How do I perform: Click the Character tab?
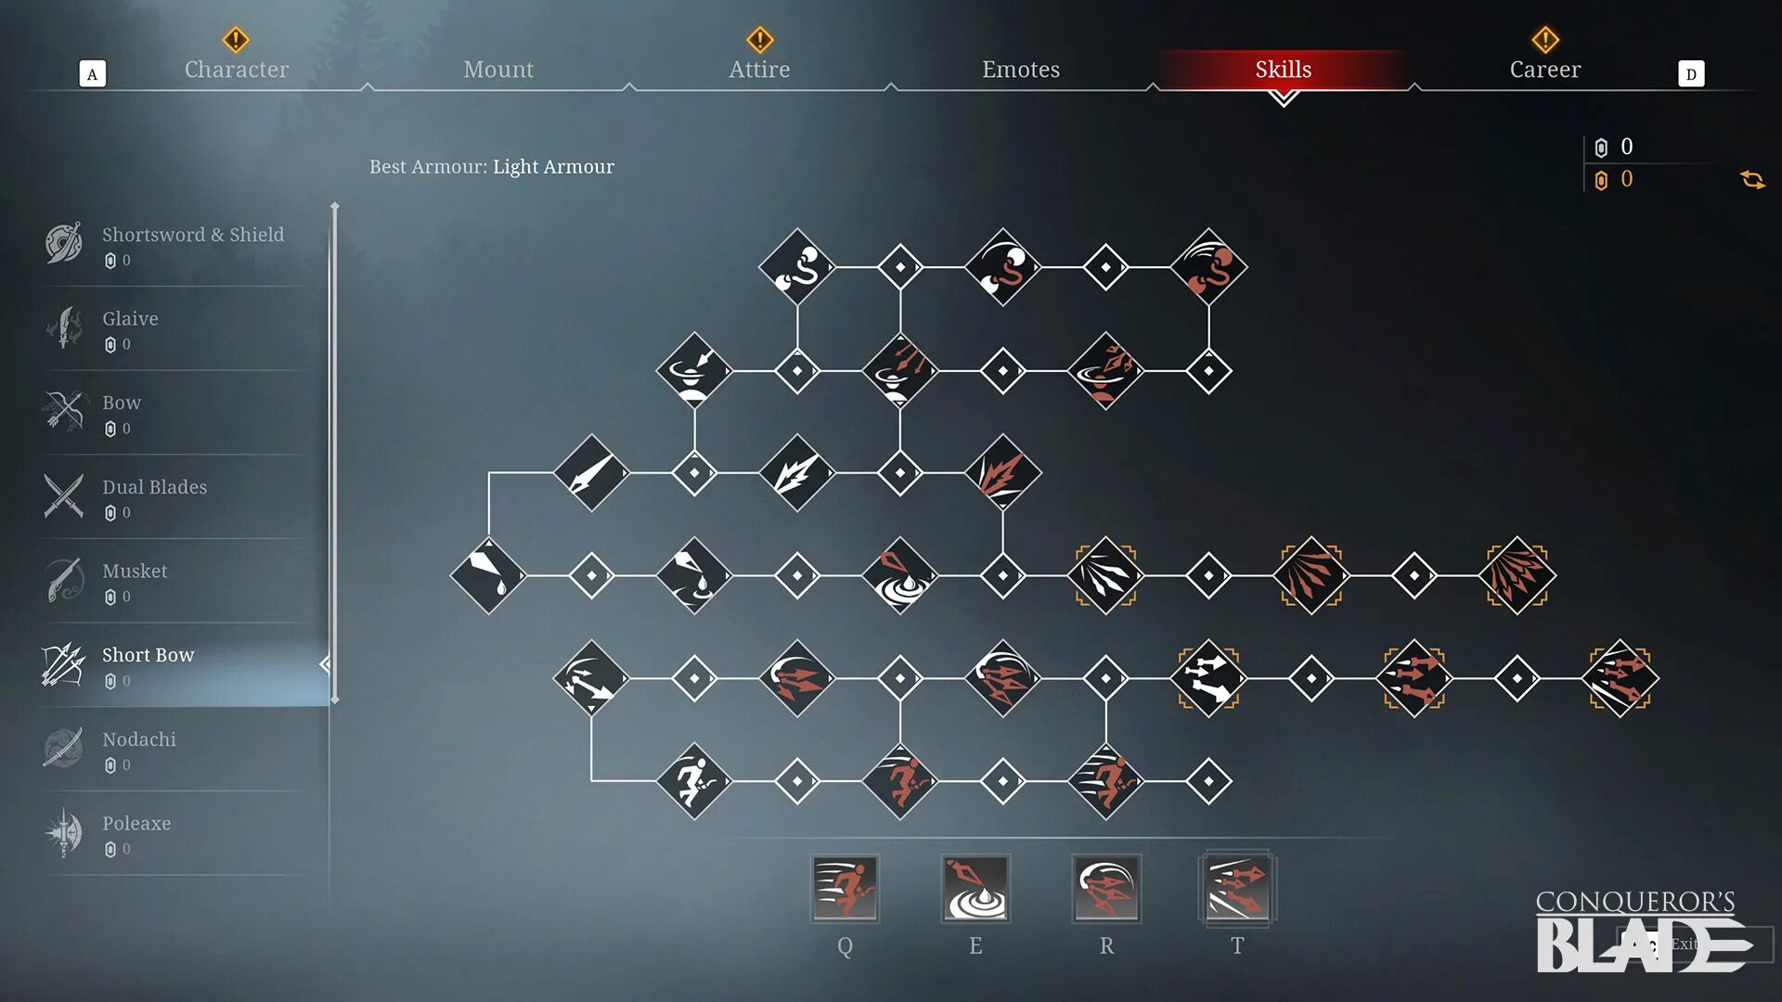236,70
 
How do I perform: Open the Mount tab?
498,70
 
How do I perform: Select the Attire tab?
759,70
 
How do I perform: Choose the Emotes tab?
1021,70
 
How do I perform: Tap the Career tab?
1544,70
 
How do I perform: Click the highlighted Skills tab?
1283,70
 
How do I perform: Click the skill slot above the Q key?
845,888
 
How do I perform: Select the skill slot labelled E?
975,888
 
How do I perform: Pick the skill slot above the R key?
1106,888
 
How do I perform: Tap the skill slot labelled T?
1237,888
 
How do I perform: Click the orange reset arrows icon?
1752,179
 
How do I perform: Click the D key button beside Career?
1691,74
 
